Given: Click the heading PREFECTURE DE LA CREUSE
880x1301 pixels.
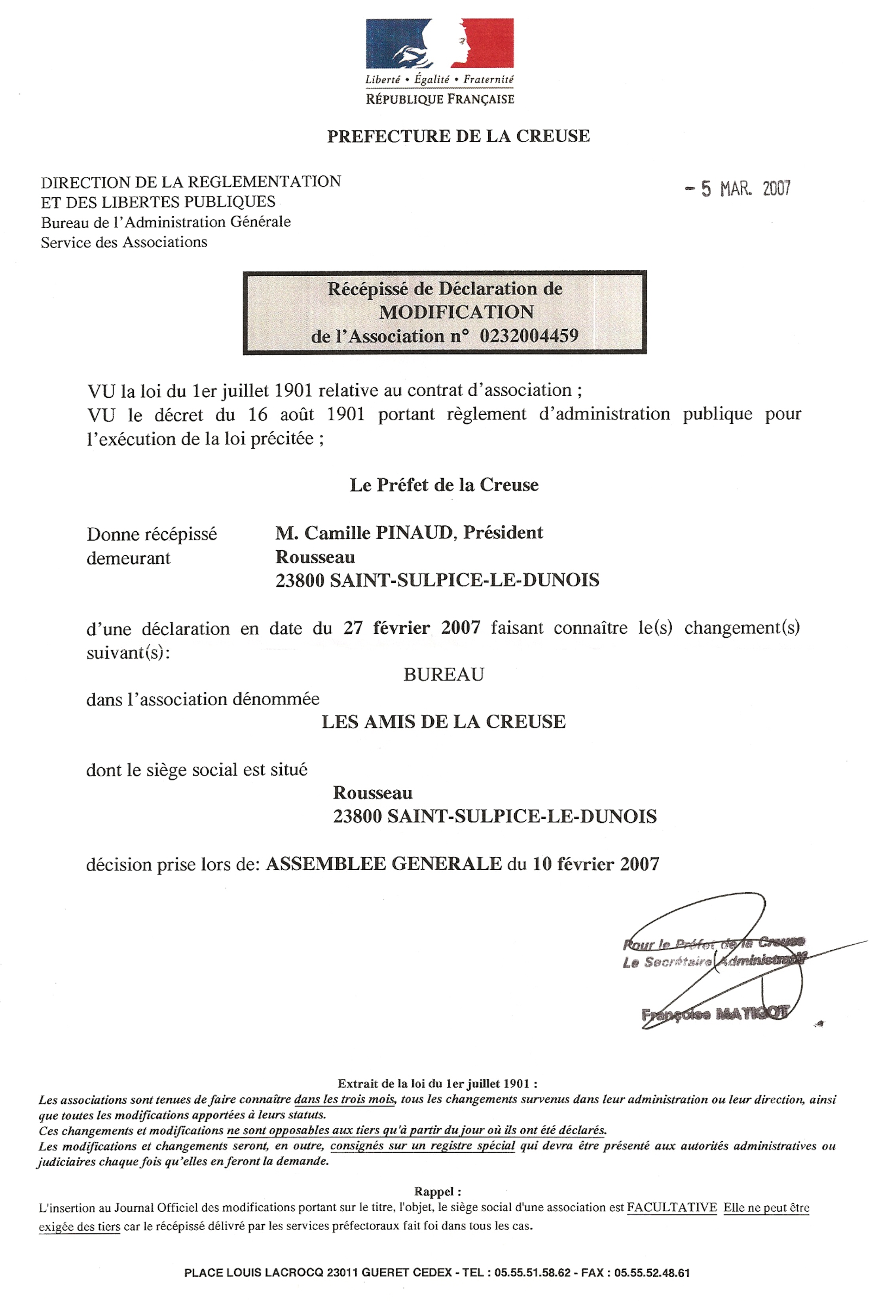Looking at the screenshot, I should pyautogui.click(x=458, y=136).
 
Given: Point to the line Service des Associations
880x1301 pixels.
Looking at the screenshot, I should pyautogui.click(x=124, y=242).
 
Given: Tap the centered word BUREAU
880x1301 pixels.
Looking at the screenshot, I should pyautogui.click(x=444, y=674).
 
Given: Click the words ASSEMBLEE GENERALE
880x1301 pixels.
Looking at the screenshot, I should pyautogui.click(x=383, y=864).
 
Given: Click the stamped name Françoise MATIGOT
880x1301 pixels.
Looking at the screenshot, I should pyautogui.click(x=715, y=1013).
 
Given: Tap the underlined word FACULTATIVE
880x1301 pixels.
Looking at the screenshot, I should pyautogui.click(x=671, y=1208).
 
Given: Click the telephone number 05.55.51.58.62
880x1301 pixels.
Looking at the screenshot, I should pyautogui.click(x=532, y=1273).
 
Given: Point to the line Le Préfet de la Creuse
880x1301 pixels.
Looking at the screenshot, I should pyautogui.click(x=444, y=485).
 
